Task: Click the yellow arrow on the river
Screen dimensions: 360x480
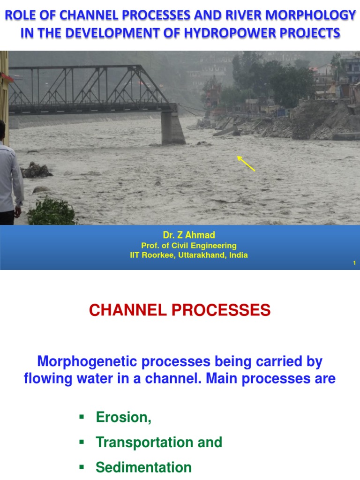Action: click(x=246, y=163)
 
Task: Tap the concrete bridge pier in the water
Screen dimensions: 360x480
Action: click(x=172, y=127)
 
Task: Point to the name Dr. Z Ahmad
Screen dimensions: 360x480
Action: click(x=189, y=235)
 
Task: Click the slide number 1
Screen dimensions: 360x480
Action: click(x=354, y=262)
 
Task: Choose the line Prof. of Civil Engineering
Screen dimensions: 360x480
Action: click(x=189, y=246)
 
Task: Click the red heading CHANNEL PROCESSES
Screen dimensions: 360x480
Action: click(x=180, y=310)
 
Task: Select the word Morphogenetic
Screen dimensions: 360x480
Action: click(x=87, y=361)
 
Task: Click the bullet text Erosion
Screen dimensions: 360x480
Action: click(x=123, y=417)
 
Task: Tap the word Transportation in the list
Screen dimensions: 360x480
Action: click(x=144, y=442)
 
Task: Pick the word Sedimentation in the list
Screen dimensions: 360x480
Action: click(x=143, y=467)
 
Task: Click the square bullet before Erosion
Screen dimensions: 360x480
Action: click(x=82, y=417)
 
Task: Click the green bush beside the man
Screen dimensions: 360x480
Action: click(x=52, y=212)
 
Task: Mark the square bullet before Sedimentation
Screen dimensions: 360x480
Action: click(x=82, y=467)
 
